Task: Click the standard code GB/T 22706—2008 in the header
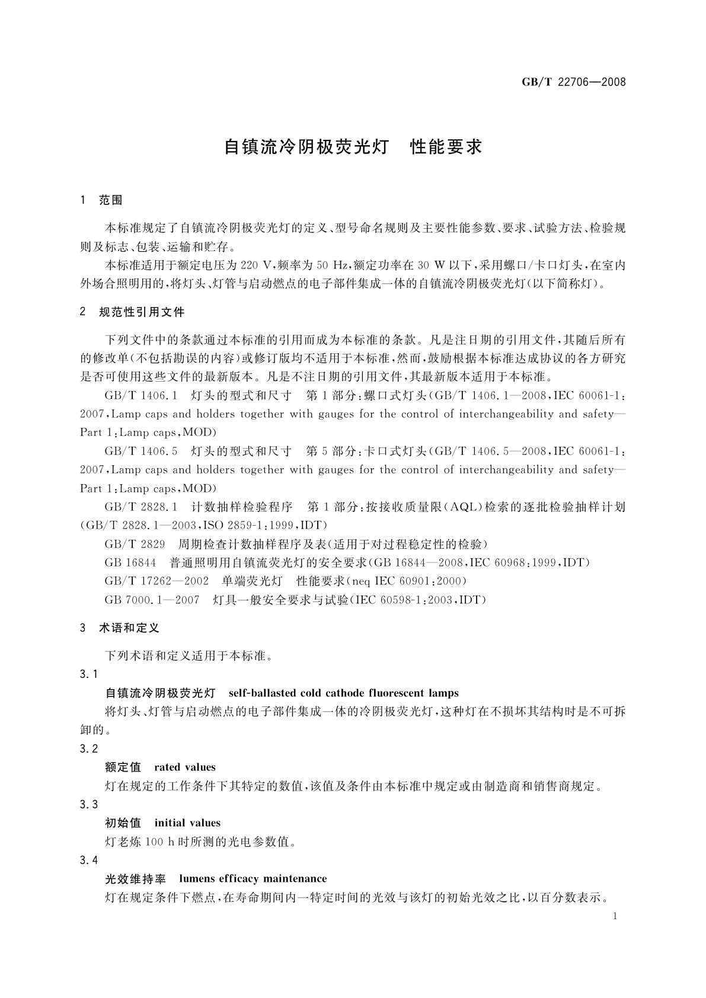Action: point(573,82)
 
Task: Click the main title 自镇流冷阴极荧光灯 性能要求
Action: point(353,147)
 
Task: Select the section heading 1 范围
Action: point(101,200)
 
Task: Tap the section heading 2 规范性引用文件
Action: point(132,312)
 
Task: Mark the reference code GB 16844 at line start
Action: point(130,562)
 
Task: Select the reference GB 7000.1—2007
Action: point(152,600)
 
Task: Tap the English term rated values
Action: point(185,767)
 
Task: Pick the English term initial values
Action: point(187,823)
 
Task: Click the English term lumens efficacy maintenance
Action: point(253,878)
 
